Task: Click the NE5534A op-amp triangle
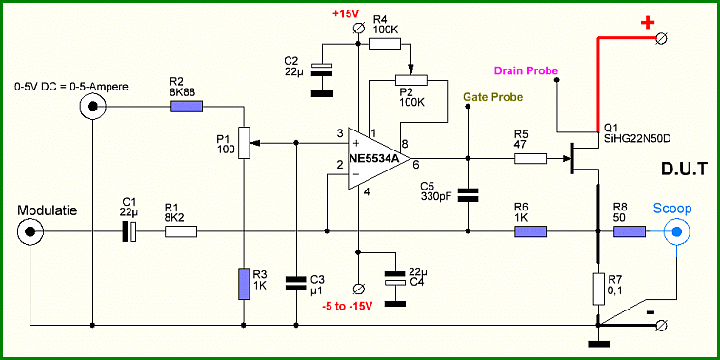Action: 374,158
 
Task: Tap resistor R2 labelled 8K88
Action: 187,107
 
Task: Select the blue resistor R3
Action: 244,284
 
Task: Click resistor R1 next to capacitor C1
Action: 180,231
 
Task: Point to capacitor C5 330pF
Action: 468,195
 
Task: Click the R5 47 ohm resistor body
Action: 530,159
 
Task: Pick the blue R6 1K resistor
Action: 530,231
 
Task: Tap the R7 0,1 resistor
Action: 599,289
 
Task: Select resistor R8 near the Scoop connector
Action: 630,231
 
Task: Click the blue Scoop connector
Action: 677,231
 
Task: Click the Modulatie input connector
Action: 30,231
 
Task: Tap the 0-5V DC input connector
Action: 92,107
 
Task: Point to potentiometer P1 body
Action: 244,143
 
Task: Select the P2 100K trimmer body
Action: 411,80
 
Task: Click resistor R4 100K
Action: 385,44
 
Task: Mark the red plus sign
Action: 647,23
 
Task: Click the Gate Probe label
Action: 492,97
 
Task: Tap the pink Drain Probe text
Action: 527,70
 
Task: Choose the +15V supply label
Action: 347,13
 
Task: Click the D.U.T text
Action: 682,169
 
